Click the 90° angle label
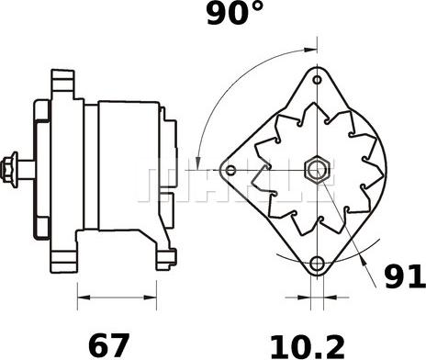click(235, 13)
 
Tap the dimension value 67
click(108, 345)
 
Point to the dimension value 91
click(405, 277)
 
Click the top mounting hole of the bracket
click(318, 80)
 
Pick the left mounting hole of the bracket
click(230, 170)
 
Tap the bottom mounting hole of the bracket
click(317, 264)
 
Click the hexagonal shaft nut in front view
click(317, 169)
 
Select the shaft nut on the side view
click(9, 170)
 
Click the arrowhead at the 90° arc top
click(311, 49)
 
